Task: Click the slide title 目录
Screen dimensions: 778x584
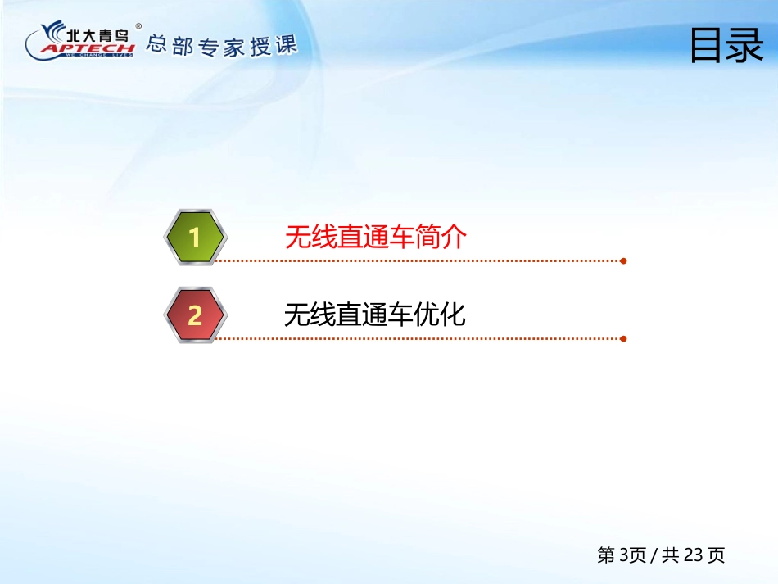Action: (x=727, y=45)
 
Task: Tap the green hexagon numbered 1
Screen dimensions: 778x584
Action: (x=196, y=238)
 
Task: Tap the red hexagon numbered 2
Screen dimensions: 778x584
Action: (x=196, y=315)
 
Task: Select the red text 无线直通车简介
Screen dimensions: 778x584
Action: (x=376, y=237)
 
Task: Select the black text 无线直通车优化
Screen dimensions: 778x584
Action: (x=374, y=315)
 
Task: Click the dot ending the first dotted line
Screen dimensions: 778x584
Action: (x=623, y=261)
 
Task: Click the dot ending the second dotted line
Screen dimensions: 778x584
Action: (x=623, y=339)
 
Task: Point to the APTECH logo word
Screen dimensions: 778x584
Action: (x=88, y=48)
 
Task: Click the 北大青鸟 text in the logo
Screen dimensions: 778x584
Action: (x=97, y=35)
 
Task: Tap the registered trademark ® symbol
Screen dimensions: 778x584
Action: (x=138, y=26)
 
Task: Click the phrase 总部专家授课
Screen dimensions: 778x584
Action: (x=222, y=46)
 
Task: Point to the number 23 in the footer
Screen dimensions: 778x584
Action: (x=693, y=555)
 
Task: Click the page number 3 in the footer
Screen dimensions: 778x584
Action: (x=625, y=555)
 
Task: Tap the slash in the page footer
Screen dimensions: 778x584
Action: (x=654, y=555)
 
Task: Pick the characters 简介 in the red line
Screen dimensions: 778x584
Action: (x=441, y=237)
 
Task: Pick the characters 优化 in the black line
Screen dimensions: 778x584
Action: (x=440, y=315)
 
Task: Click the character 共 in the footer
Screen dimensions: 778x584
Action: (x=671, y=555)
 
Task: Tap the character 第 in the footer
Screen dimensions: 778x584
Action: (x=606, y=555)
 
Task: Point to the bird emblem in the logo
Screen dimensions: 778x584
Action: (x=52, y=31)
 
